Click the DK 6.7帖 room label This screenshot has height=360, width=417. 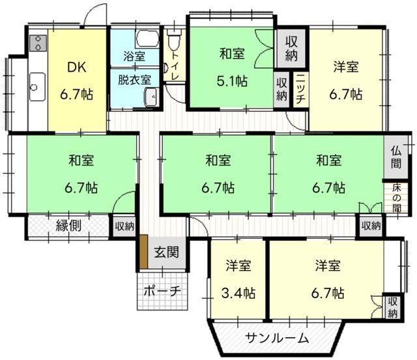click(77, 81)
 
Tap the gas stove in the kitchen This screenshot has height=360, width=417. click(38, 43)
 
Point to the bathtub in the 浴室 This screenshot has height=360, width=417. click(147, 39)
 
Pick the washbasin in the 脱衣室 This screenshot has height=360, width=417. click(152, 97)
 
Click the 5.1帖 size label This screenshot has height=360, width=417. click(232, 81)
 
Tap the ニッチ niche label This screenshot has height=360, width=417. click(300, 89)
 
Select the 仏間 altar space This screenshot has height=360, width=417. click(396, 158)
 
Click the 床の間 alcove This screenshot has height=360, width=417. click(396, 198)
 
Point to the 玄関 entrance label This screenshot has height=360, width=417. click(167, 252)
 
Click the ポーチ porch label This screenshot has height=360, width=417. click(162, 292)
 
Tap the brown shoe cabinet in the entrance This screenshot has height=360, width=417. click(143, 251)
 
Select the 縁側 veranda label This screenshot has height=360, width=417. click(68, 226)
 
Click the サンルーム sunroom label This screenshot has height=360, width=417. click(276, 338)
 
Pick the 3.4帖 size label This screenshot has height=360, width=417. click(238, 294)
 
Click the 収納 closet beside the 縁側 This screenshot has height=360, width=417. click(124, 227)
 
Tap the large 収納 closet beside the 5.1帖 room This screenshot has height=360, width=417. click(291, 48)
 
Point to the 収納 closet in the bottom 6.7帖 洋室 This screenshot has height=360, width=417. click(392, 307)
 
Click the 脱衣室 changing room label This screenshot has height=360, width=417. click(135, 79)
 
